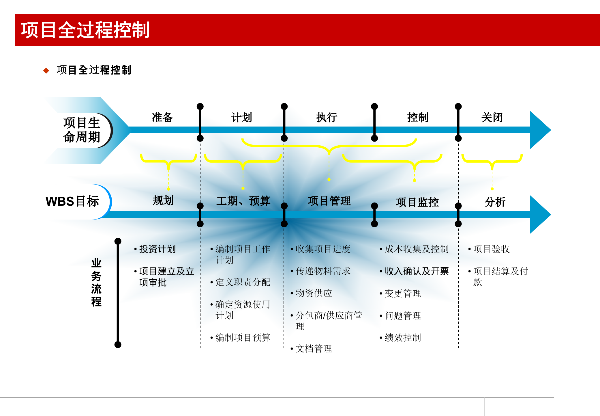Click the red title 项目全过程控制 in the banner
pyautogui.click(x=85, y=30)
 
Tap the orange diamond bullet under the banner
pyautogui.click(x=46, y=70)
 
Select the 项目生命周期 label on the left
pyautogui.click(x=82, y=130)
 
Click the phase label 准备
pyautogui.click(x=162, y=118)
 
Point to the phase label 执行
pyautogui.click(x=327, y=118)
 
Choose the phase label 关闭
pyautogui.click(x=492, y=118)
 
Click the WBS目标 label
pyautogui.click(x=72, y=201)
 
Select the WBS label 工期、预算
pyautogui.click(x=243, y=201)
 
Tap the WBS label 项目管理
pyautogui.click(x=329, y=201)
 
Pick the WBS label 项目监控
pyautogui.click(x=417, y=202)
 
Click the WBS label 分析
pyautogui.click(x=495, y=202)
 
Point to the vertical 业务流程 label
pyautogui.click(x=96, y=282)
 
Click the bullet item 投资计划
pyautogui.click(x=157, y=249)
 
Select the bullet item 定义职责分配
pyautogui.click(x=243, y=282)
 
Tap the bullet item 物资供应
pyautogui.click(x=314, y=293)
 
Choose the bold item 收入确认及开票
pyautogui.click(x=417, y=271)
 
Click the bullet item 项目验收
pyautogui.click(x=491, y=249)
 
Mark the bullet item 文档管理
pyautogui.click(x=314, y=349)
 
